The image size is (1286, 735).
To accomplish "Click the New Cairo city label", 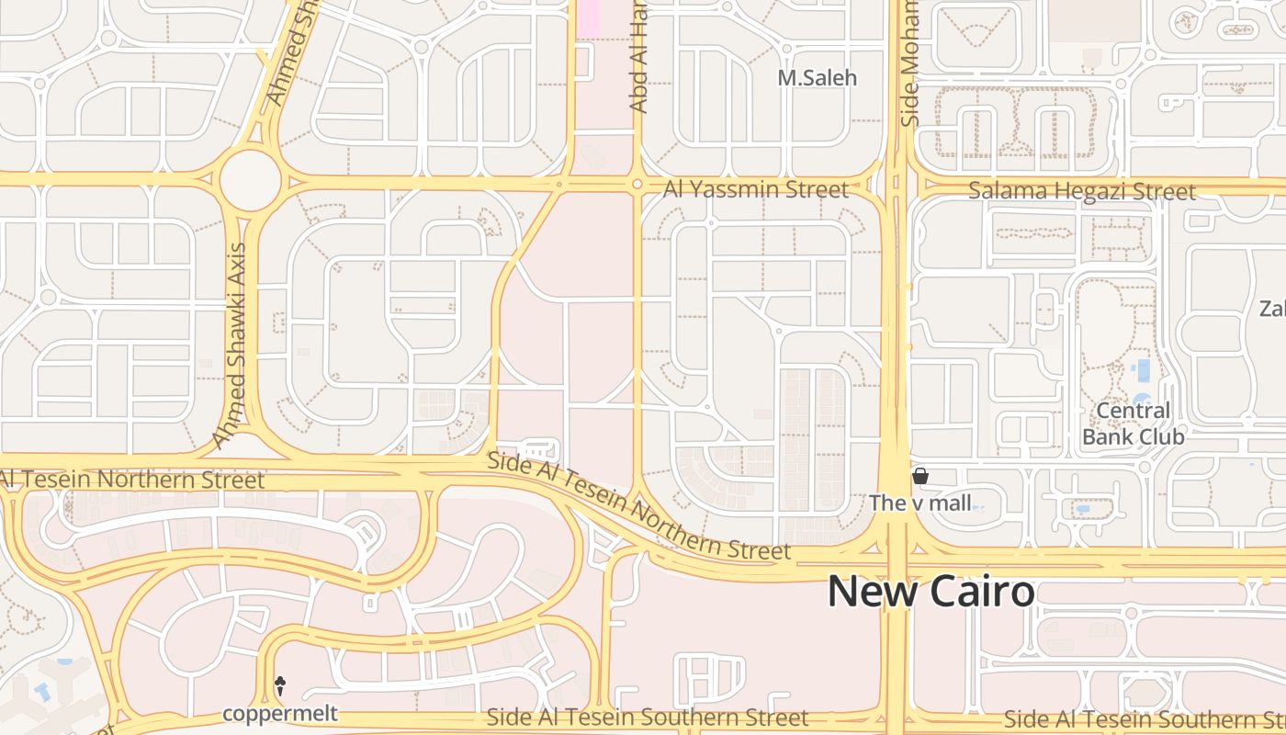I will click(931, 592).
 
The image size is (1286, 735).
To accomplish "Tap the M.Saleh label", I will click(817, 79).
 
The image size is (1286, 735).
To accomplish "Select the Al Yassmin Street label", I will click(755, 190).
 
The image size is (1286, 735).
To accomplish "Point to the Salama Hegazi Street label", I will click(1082, 192).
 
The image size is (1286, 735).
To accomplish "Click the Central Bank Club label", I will click(1133, 424).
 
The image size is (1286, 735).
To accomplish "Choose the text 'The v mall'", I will click(919, 503).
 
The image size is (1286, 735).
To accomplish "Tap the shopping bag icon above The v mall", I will click(919, 476).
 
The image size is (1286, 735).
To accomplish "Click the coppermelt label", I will click(280, 713).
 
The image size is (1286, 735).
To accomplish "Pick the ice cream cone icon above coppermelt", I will click(280, 684).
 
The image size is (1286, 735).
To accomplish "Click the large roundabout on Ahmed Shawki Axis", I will click(250, 181).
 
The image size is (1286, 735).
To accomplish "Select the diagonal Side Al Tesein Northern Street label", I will click(637, 506).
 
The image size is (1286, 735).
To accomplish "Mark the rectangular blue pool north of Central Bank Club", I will click(1143, 370).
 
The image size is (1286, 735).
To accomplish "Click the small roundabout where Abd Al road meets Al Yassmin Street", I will click(637, 185).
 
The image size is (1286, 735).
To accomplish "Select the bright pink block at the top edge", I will click(588, 18).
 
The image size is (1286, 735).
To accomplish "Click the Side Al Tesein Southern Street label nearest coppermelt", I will click(647, 718).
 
